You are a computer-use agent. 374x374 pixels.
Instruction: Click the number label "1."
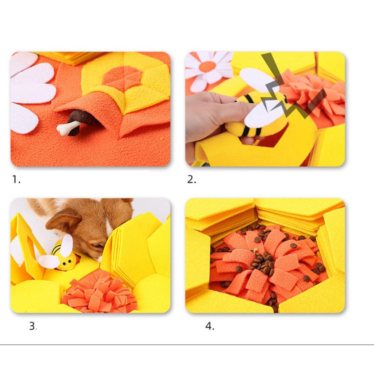point(16,179)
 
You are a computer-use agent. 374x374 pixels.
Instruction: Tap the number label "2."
point(192,179)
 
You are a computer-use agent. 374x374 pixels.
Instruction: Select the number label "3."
point(33,326)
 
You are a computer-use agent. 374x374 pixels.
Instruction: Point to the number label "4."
point(210,326)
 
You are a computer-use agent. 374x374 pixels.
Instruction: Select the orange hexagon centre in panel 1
point(122,78)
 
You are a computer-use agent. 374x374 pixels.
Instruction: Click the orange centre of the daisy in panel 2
point(207,66)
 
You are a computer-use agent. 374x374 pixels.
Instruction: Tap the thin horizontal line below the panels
point(187,344)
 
